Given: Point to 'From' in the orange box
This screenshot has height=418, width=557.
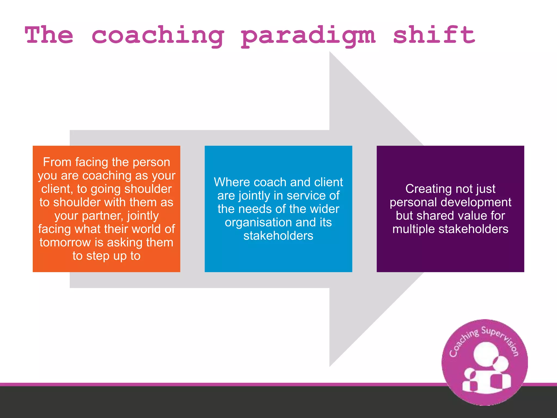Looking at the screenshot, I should [x=57, y=162].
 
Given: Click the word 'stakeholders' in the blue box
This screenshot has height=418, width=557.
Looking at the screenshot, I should [x=278, y=236].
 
